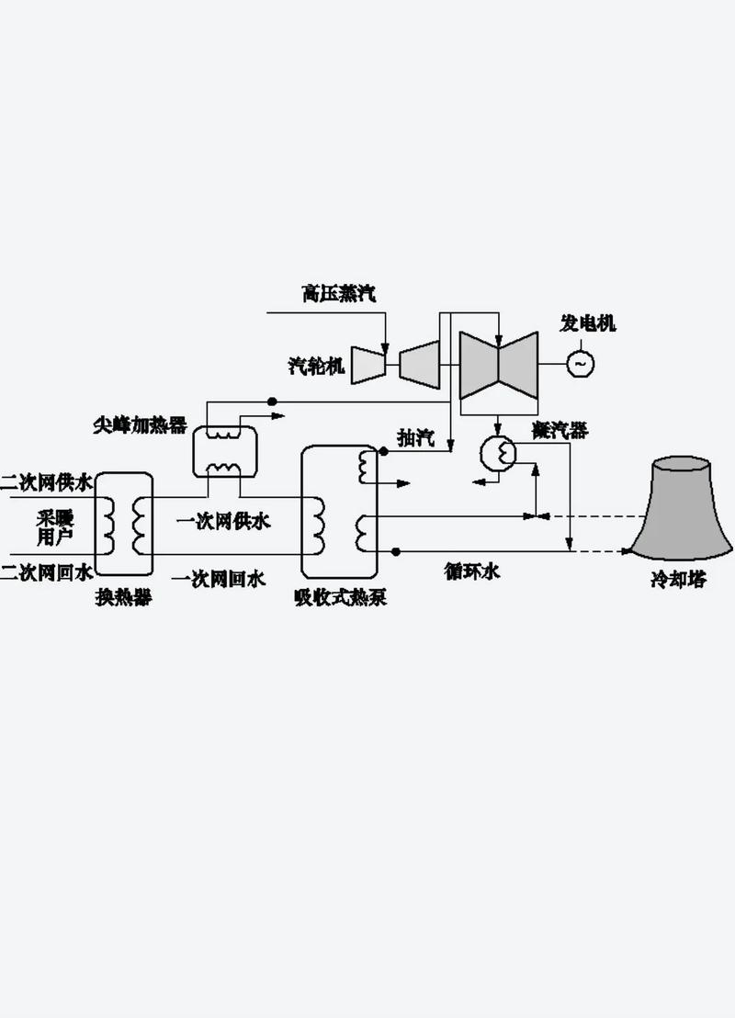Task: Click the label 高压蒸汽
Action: click(339, 294)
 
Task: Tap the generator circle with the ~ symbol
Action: click(580, 363)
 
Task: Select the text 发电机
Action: click(588, 323)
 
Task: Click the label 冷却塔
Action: click(678, 581)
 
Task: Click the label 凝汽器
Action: click(560, 430)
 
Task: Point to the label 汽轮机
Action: click(316, 367)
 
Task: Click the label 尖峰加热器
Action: click(140, 424)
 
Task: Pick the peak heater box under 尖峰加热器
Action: click(224, 450)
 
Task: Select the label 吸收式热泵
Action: click(340, 598)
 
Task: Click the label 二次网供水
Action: click(46, 481)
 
